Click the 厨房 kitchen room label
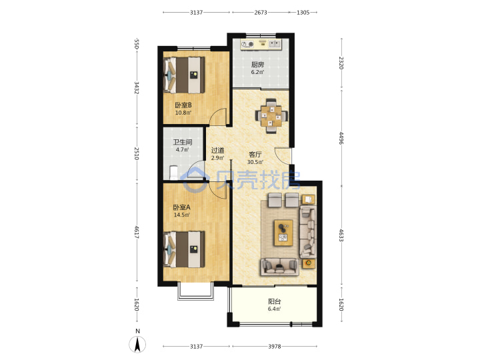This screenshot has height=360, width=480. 257,65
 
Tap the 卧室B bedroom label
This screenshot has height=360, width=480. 183,105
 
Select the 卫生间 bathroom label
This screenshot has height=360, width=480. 183,142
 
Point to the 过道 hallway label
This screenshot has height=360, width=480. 217,150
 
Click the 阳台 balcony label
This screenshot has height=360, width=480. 274,301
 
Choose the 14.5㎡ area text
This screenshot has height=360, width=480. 182,215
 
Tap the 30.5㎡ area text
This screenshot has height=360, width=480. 255,162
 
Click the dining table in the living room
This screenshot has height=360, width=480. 271,116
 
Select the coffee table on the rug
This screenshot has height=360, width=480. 283,233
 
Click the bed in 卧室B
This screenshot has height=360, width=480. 184,75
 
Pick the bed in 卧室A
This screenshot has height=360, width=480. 184,249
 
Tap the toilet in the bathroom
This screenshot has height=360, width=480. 173,173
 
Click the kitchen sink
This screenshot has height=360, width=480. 275,45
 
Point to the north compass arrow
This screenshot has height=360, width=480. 137,344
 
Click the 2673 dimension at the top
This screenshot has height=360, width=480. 261,13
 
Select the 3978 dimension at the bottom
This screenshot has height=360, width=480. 275,346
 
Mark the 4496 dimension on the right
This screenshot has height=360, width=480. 341,138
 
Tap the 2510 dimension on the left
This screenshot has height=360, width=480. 137,153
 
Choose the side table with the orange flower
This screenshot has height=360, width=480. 309,263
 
